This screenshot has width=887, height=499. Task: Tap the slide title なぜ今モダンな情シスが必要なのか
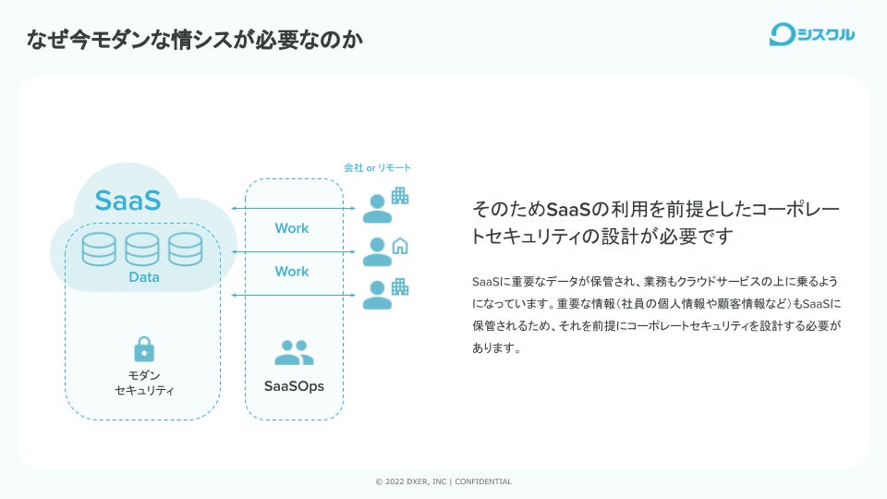(x=194, y=39)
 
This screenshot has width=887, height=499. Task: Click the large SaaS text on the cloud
(x=128, y=201)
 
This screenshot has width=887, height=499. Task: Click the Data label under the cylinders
(x=143, y=277)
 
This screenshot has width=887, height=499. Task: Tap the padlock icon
(x=144, y=348)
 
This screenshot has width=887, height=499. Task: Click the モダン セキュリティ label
(x=143, y=383)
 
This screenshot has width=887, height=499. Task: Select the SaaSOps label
(x=294, y=386)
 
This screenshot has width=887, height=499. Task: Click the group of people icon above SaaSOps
(x=294, y=352)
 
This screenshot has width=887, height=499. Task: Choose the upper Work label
(x=292, y=228)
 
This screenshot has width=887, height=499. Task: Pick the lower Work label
(x=292, y=272)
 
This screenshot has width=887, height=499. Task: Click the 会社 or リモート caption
(x=377, y=168)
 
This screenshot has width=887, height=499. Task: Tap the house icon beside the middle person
(x=400, y=246)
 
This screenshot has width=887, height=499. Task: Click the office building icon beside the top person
(x=399, y=196)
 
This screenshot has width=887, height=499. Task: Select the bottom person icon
(x=376, y=294)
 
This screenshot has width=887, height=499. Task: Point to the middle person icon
(x=376, y=251)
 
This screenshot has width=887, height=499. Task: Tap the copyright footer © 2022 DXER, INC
(x=443, y=481)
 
